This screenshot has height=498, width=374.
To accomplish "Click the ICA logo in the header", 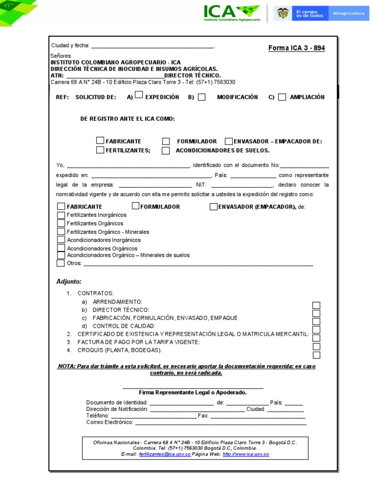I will (231, 13).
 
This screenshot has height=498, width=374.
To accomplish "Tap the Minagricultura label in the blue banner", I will (348, 14).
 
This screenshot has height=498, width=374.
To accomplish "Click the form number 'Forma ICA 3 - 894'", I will (297, 48).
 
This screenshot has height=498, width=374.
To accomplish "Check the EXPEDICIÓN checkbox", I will (139, 95).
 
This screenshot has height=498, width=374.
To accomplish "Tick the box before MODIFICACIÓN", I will (202, 97).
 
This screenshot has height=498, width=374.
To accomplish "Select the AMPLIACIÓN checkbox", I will (282, 97).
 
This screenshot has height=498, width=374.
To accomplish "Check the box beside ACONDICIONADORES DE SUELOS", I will (166, 150).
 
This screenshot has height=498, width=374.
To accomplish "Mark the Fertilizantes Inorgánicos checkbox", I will (61, 215).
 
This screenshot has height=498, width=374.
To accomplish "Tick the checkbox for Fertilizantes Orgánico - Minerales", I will (61, 231).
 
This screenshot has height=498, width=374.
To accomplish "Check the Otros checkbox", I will (60, 264).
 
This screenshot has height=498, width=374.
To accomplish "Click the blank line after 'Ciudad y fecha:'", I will (152, 46).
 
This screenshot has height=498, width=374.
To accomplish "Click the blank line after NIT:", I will (242, 185).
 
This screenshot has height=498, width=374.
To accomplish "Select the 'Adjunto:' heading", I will (69, 282).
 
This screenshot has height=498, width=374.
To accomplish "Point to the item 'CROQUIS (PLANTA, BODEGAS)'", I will (119, 350).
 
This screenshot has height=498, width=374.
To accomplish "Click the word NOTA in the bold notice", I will (66, 366).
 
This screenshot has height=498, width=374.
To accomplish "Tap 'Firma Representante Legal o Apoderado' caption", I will (193, 392).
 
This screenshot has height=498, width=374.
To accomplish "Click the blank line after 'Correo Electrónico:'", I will (220, 423).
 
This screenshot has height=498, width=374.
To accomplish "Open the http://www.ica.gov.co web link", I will (245, 454).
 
